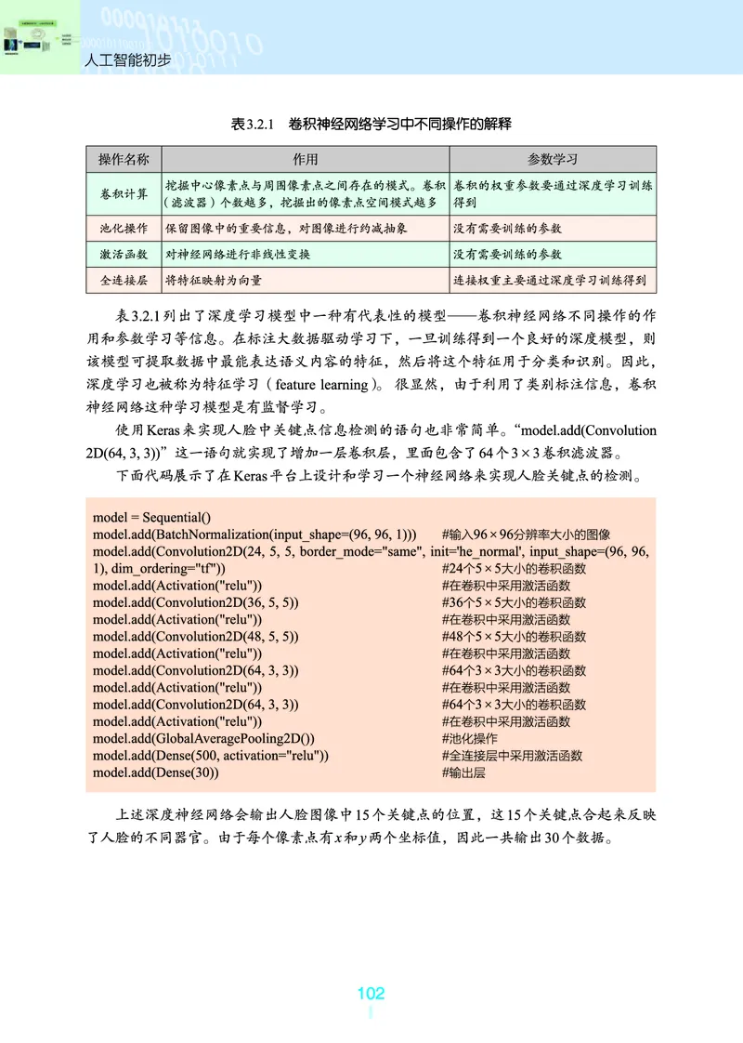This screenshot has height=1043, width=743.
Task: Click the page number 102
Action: (371, 993)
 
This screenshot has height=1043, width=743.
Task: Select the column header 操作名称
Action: (124, 159)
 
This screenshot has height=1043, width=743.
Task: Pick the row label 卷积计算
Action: (124, 193)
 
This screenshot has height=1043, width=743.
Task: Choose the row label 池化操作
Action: (124, 228)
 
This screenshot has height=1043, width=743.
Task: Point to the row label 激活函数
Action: (124, 254)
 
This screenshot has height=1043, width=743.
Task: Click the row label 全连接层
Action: (124, 279)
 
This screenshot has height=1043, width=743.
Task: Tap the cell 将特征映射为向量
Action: (213, 279)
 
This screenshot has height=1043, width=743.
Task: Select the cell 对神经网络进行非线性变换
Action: (238, 254)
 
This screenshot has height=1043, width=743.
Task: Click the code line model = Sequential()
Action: (152, 518)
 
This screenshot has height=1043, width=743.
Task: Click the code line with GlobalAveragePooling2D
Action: (204, 738)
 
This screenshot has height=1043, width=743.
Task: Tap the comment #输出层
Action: (463, 772)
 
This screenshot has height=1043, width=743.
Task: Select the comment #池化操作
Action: (470, 738)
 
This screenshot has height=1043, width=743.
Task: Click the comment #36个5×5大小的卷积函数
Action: (514, 602)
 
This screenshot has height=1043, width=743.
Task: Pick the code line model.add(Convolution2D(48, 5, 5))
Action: (195, 637)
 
